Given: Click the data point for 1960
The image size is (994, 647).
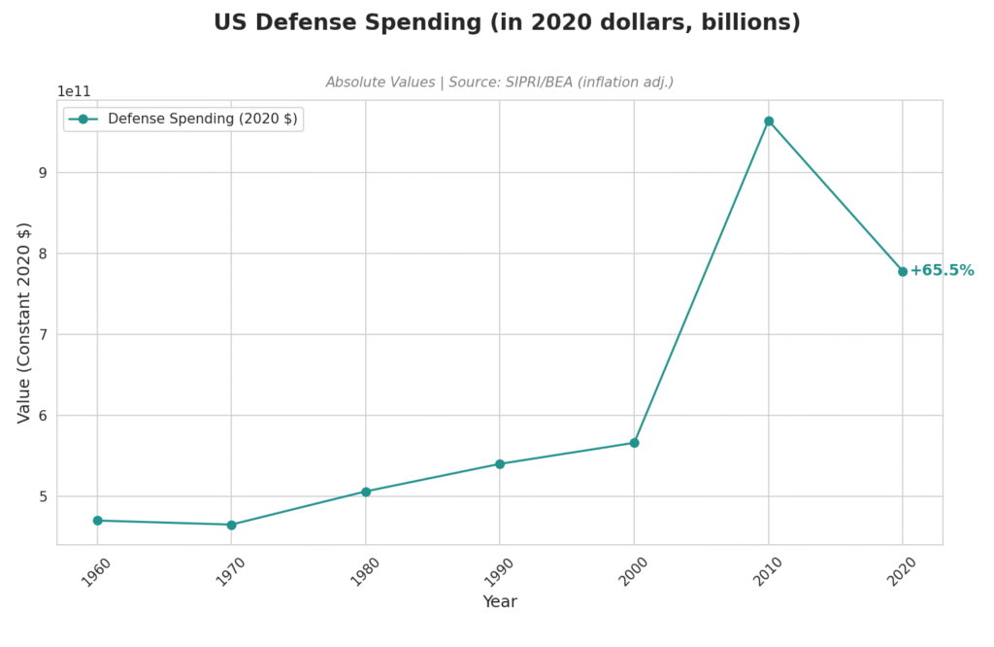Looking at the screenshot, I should pyautogui.click(x=97, y=521).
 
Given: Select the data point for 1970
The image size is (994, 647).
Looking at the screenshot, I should pyautogui.click(x=231, y=525).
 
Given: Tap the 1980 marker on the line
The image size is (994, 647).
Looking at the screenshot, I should pyautogui.click(x=366, y=492).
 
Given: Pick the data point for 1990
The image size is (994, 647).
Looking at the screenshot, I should pyautogui.click(x=500, y=464).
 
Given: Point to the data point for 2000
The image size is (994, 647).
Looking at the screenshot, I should pyautogui.click(x=634, y=443).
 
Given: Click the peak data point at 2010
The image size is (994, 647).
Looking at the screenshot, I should pyautogui.click(x=769, y=121).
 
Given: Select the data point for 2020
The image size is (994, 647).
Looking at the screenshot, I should pyautogui.click(x=903, y=272).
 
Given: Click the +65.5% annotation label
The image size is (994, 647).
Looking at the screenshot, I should pyautogui.click(x=942, y=271).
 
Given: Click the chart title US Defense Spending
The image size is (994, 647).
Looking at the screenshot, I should pyautogui.click(x=507, y=22).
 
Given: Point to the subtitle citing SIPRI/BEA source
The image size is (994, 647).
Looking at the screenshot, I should pyautogui.click(x=499, y=83).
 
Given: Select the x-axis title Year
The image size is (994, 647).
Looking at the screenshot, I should pyautogui.click(x=500, y=602).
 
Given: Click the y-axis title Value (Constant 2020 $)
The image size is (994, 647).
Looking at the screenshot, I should pyautogui.click(x=25, y=323).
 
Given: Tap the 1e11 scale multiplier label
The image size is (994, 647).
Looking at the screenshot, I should pyautogui.click(x=74, y=91).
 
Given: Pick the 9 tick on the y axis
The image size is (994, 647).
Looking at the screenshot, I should pyautogui.click(x=43, y=173).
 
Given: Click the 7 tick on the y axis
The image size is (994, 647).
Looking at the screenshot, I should pyautogui.click(x=43, y=335).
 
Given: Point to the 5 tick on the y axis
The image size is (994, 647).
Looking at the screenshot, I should pyautogui.click(x=43, y=496).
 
